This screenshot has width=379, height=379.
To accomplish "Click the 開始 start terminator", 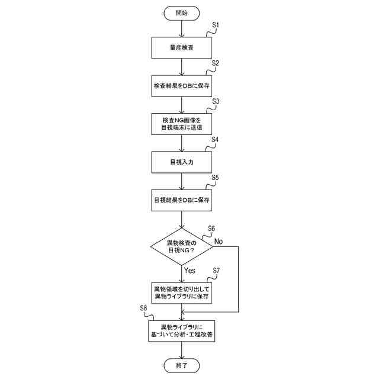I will tap(182, 12).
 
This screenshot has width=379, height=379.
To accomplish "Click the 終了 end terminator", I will tap(182, 365).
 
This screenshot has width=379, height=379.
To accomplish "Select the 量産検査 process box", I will tap(182, 47).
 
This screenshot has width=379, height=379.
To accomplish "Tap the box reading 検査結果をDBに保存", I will tap(182, 86).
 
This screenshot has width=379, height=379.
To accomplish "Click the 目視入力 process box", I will tap(182, 161).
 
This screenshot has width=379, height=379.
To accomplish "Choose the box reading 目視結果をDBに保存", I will tap(182, 200).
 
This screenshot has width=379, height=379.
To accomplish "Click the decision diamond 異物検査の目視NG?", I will tap(182, 246).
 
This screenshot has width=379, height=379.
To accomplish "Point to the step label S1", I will tap(216, 25).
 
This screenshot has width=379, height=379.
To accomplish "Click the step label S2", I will tap(216, 63).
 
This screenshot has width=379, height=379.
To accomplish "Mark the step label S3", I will tap(216, 101).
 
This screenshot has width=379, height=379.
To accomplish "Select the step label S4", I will tap(216, 140).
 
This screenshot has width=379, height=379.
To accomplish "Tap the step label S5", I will tap(216, 178).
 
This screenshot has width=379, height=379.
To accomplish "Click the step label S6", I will tap(211, 229).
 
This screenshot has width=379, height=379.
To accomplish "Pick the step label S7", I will tap(216, 270).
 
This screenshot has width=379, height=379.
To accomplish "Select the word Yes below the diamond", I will tap(189, 270).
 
